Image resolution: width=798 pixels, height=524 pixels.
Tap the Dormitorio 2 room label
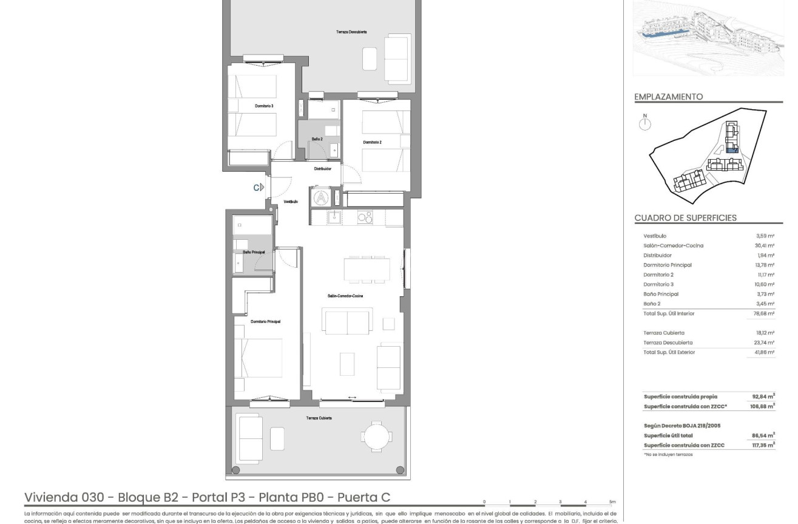[x=372, y=142]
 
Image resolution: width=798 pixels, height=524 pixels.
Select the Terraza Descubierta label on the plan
[x=351, y=32]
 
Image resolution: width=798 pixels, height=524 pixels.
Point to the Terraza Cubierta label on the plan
[x=319, y=418]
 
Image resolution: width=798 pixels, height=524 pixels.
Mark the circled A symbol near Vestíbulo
[x=320, y=197]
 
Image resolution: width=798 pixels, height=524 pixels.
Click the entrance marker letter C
[x=257, y=188]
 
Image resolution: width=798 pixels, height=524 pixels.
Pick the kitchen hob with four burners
[x=365, y=217]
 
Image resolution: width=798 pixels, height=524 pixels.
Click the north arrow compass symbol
[x=646, y=123]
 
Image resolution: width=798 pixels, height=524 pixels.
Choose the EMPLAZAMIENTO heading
[x=668, y=97]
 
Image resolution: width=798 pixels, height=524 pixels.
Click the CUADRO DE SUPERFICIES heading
[x=685, y=218]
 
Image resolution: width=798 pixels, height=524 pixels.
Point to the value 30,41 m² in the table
[x=765, y=246]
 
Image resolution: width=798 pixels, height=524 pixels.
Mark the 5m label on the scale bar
[x=612, y=502]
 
